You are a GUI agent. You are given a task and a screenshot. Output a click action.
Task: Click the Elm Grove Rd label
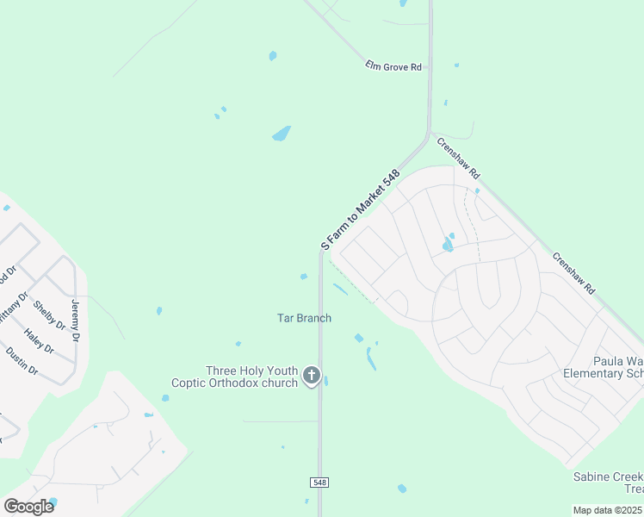pos(393,65)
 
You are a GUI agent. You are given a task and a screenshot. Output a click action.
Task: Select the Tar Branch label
pos(304,318)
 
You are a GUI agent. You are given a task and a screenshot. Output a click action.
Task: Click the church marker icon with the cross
pos(312,376)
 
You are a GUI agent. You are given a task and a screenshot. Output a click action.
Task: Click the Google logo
pos(28,506)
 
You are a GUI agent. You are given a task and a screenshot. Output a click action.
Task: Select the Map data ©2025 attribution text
pos(608,510)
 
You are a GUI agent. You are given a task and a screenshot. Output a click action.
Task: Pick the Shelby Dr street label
pos(49,315)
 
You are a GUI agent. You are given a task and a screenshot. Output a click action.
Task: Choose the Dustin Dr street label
pos(22,360)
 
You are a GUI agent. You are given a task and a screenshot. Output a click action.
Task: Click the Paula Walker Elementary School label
pos(604,368)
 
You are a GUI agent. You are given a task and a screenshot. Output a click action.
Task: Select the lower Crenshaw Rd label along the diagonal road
pos(573,274)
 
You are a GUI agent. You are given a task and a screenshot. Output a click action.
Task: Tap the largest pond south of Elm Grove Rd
pos(281,134)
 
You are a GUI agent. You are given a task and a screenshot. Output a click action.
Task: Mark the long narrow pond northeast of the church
pos(371,358)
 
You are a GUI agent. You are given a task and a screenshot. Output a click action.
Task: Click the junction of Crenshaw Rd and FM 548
pos(429,134)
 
